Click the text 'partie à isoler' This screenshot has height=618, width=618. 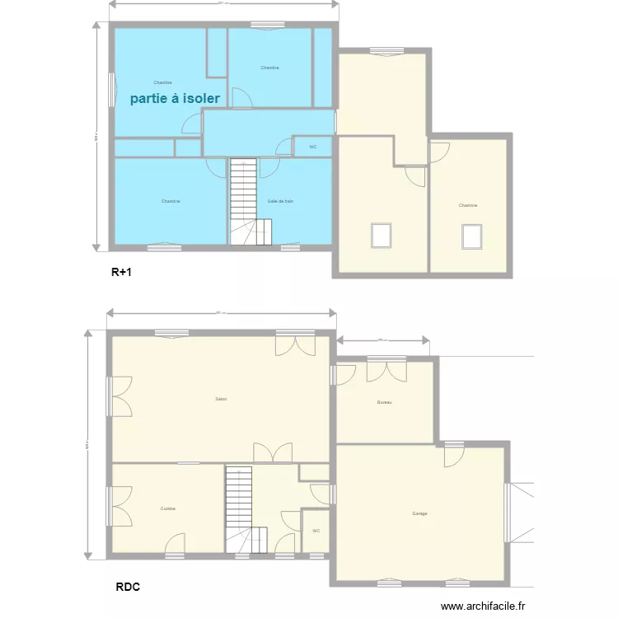coord(175,98)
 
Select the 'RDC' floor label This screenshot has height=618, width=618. coord(127,588)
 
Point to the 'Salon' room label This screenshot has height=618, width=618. coord(221,399)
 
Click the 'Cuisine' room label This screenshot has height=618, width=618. coord(168,508)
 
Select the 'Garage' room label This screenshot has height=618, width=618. coord(420,513)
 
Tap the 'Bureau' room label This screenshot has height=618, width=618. coord(384,402)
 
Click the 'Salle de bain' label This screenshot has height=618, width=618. coord(280,201)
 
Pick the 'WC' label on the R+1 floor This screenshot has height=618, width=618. coord(313,147)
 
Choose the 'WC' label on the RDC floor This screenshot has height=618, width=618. coord(316,531)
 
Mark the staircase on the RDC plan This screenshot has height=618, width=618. coord(239,507)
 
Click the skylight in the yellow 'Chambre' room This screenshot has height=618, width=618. coord(471,236)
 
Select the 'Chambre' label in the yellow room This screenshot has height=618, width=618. coord(468,205)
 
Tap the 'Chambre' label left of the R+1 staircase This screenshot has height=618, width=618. coord(171,201)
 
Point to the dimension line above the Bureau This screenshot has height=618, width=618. coord(382,339)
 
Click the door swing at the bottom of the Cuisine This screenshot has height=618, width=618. coord(176,544)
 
